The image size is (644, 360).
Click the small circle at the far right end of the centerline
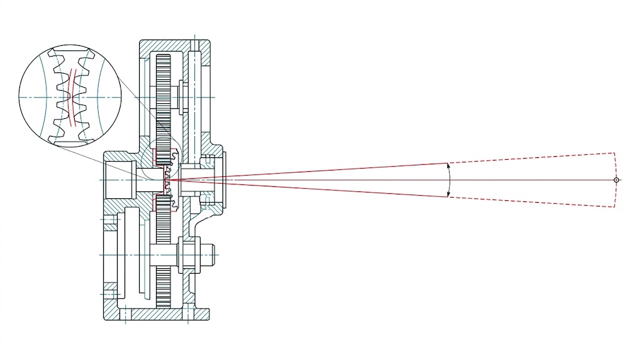(616, 180)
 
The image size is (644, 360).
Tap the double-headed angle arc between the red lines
(450, 180)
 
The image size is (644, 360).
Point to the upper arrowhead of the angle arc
(448, 166)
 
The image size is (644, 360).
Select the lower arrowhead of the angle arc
(448, 194)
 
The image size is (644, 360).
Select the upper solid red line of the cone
(314, 172)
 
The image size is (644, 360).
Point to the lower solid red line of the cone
(314, 188)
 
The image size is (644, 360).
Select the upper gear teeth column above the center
(163, 94)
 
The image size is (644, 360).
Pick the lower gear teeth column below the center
(163, 252)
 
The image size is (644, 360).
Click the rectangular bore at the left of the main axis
(119, 179)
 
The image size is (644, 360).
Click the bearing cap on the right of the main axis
(217, 179)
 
